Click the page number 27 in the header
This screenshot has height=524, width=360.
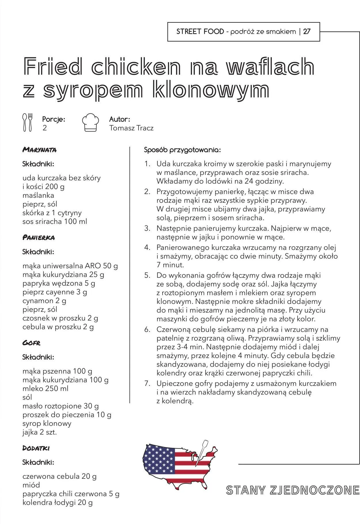[307, 32]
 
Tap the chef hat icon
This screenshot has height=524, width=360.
[90, 123]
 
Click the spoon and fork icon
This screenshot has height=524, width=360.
[28, 122]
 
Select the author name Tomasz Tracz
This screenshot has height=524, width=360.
[131, 128]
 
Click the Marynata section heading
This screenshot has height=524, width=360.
[39, 150]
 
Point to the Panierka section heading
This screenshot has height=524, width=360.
[39, 238]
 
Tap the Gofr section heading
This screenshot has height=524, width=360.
[31, 343]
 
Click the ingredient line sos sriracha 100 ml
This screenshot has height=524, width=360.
[55, 222]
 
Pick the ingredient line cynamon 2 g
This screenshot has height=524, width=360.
[44, 301]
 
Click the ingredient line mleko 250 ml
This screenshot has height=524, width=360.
[46, 388]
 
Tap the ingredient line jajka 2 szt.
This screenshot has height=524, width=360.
[40, 432]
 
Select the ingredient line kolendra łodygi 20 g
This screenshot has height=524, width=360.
[58, 503]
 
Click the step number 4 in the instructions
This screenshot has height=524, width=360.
[147, 247]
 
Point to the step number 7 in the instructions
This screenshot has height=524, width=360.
[147, 384]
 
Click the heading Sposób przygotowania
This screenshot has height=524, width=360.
[182, 150]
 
